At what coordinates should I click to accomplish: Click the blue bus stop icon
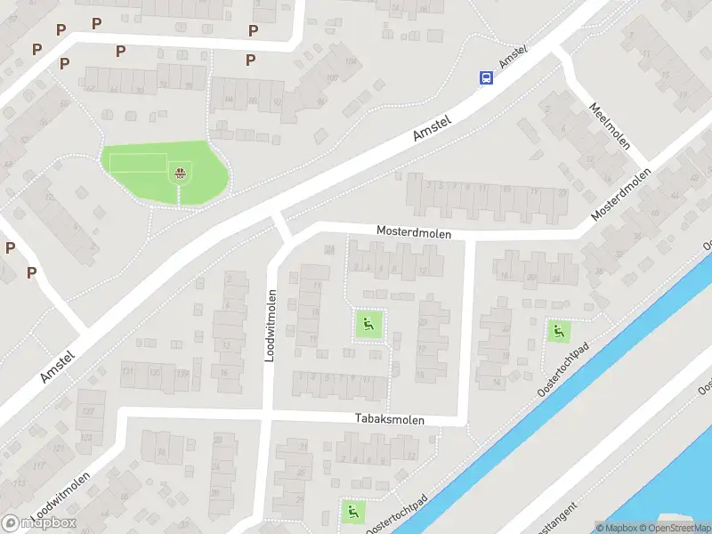[x=486, y=78]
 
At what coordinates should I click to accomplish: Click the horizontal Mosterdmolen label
[x=414, y=232]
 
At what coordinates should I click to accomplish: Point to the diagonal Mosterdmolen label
[x=620, y=195]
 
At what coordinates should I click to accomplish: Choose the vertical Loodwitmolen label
[x=271, y=324]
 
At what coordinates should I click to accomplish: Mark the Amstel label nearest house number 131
[x=58, y=365]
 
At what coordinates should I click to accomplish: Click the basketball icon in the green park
[x=181, y=173]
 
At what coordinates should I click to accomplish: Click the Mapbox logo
[x=38, y=522]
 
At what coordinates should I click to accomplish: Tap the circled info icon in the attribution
[x=601, y=528]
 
